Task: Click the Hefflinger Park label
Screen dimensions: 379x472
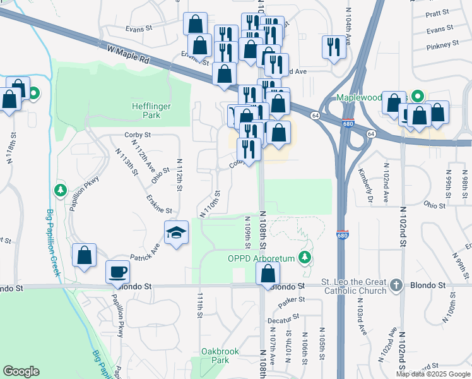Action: (151, 111)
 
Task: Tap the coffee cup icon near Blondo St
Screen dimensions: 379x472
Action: (118, 272)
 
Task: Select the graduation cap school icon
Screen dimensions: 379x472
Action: (176, 232)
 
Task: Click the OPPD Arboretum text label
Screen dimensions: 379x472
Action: (262, 258)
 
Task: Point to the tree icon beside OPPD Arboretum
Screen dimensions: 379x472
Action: (305, 257)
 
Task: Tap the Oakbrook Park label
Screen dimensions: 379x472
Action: (215, 355)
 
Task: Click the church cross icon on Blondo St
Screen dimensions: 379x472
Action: (396, 284)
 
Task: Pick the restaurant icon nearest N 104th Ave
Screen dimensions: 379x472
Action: (334, 47)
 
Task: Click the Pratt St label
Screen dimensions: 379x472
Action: (437, 13)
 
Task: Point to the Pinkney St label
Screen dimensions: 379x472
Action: (442, 45)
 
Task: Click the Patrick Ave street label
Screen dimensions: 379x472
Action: (145, 251)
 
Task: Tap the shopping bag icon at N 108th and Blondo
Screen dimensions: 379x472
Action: (268, 274)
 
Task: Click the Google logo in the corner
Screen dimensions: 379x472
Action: (21, 371)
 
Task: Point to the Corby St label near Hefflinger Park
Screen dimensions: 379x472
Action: (138, 135)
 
